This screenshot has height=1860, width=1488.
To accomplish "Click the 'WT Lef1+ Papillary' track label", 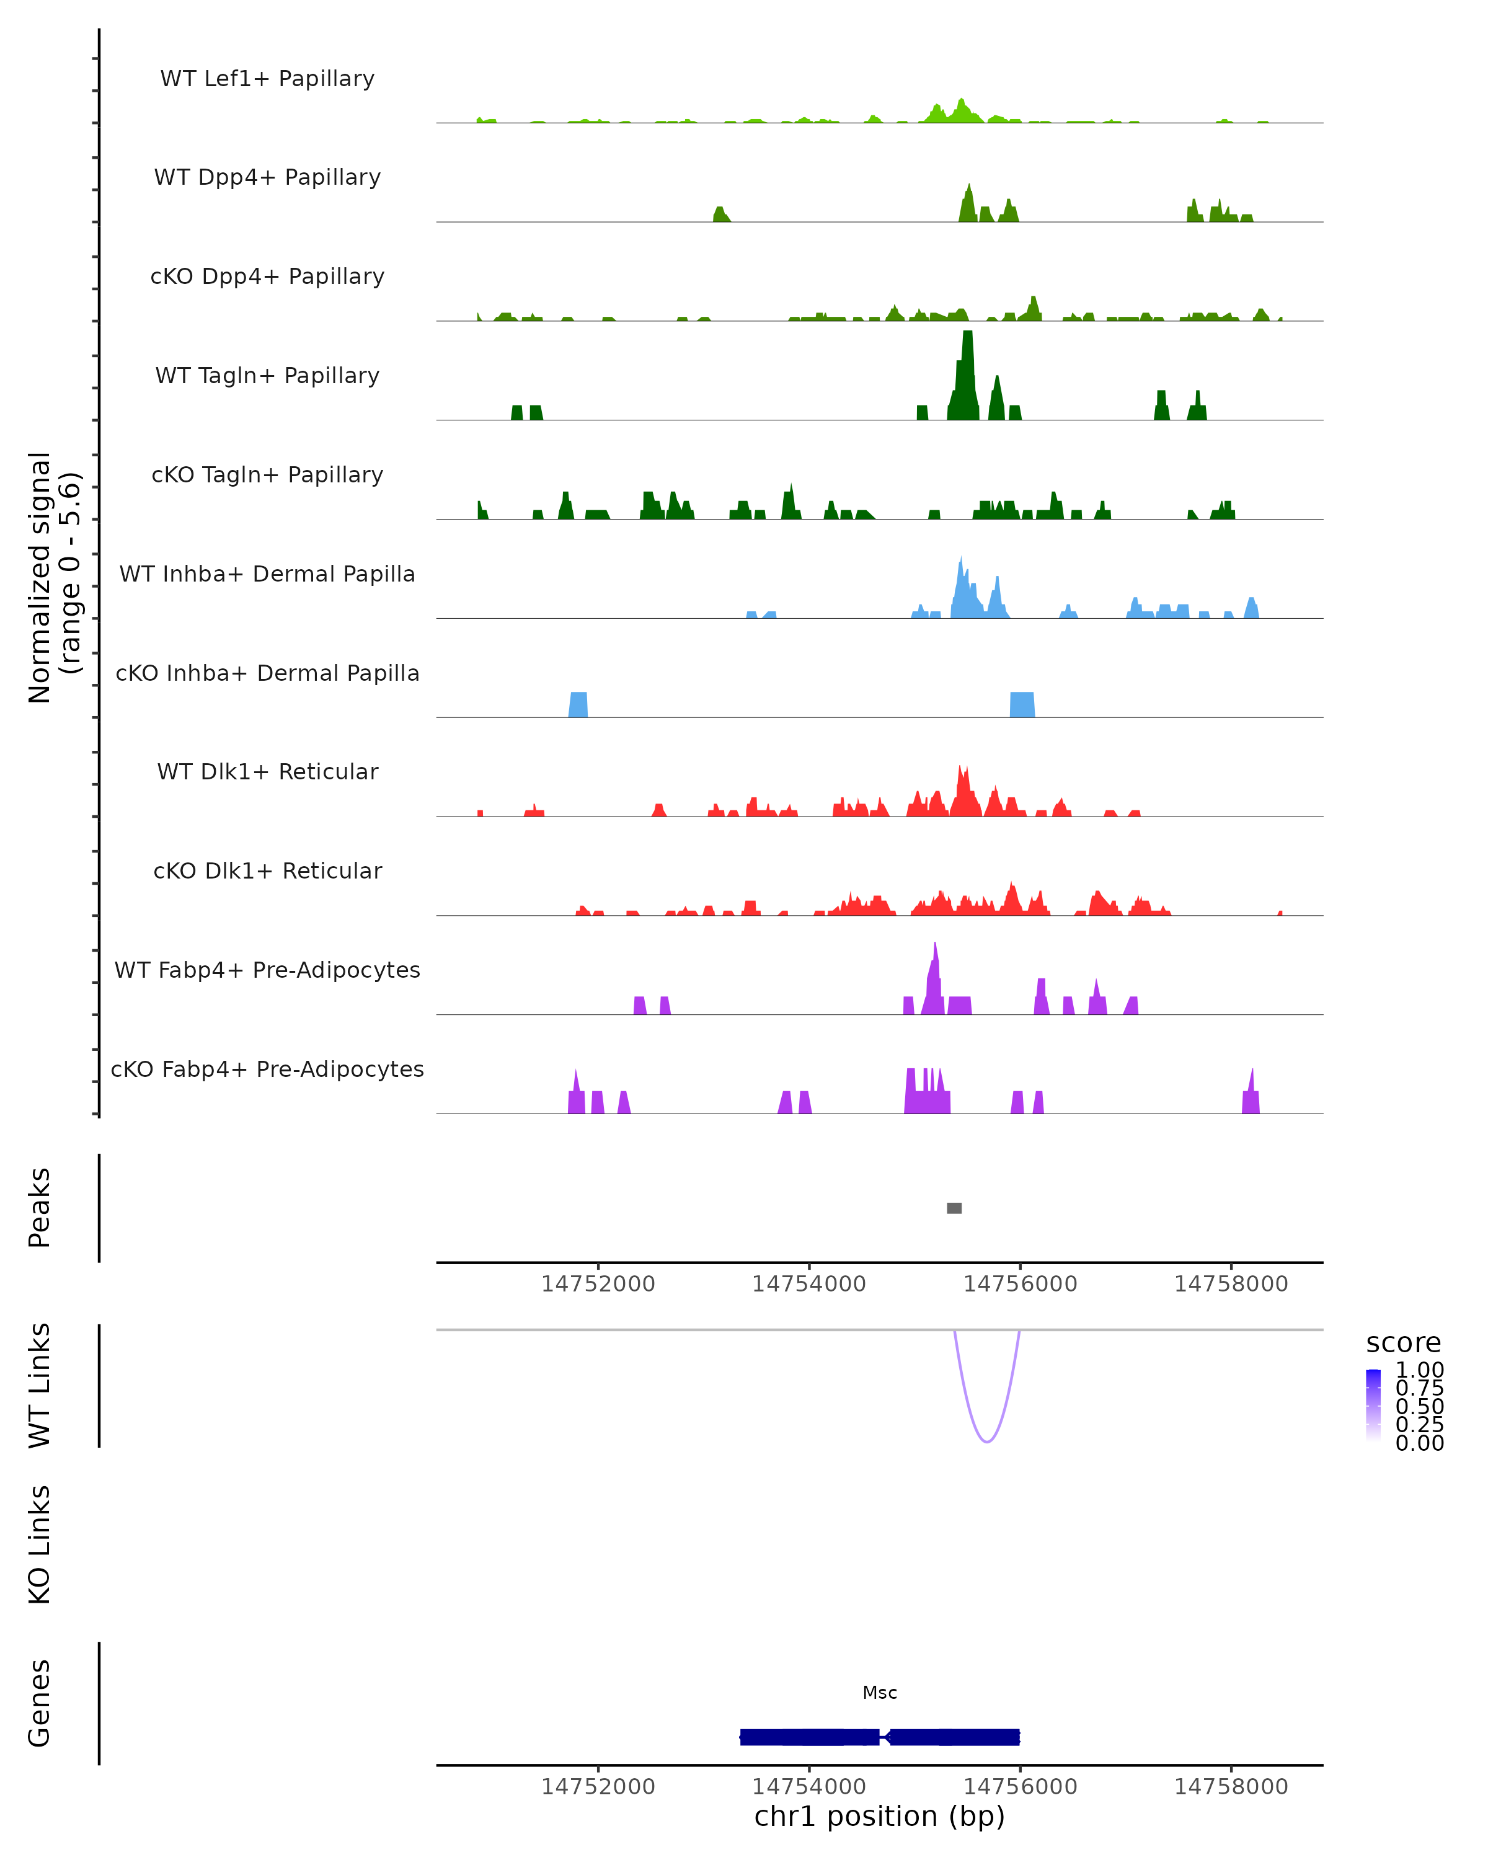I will coord(267,79).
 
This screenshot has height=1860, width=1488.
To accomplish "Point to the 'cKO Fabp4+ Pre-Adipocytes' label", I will coord(267,1069).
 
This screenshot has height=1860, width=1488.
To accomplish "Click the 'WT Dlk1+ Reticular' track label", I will coord(267,771).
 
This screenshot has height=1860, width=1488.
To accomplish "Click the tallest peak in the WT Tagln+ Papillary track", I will coord(967,371).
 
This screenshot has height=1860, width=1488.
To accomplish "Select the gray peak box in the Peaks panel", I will coord(954,1208).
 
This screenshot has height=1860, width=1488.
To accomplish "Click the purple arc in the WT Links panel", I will coord(987,1441).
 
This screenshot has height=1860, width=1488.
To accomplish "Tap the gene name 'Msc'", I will coord(880,1693).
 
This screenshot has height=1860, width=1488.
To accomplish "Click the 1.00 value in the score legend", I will coord(1419,1370).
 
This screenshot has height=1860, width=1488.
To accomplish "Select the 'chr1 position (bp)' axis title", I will coord(880,1816).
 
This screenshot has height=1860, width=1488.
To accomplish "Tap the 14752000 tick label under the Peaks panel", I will coord(598,1284).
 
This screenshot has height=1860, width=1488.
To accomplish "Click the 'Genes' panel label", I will coord(40,1703).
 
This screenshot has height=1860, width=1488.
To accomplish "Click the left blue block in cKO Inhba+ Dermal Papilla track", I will coord(578,705).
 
